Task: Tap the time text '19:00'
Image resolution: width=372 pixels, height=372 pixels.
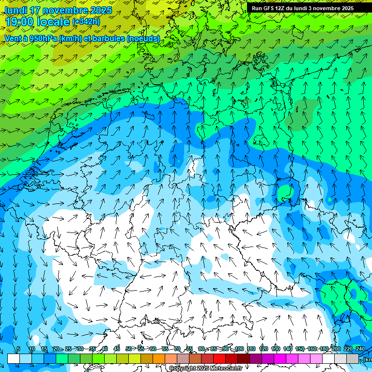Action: [x=19, y=22]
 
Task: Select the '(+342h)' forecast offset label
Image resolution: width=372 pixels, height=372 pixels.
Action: [x=86, y=22]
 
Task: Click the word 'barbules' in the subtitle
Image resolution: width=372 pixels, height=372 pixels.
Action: [x=109, y=38]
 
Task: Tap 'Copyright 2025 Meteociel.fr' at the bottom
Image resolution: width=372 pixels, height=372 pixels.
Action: [x=205, y=369]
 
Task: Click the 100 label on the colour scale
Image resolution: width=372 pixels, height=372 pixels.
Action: [x=239, y=349]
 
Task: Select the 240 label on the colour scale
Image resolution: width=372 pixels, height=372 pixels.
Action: [x=360, y=349]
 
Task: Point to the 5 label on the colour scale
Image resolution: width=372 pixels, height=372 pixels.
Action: [x=18, y=349]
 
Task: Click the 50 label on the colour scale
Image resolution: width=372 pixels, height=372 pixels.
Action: [x=128, y=349]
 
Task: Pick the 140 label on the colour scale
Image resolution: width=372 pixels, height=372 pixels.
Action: [x=288, y=349]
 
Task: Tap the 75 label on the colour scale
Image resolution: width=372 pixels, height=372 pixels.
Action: [x=189, y=349]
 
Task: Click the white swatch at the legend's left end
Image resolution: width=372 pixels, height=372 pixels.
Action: [x=13, y=358]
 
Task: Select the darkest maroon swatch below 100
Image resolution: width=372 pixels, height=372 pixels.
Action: [x=244, y=358]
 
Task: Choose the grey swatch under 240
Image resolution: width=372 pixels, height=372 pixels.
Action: [x=353, y=358]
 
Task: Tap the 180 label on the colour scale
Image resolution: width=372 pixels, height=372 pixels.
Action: [x=324, y=349]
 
